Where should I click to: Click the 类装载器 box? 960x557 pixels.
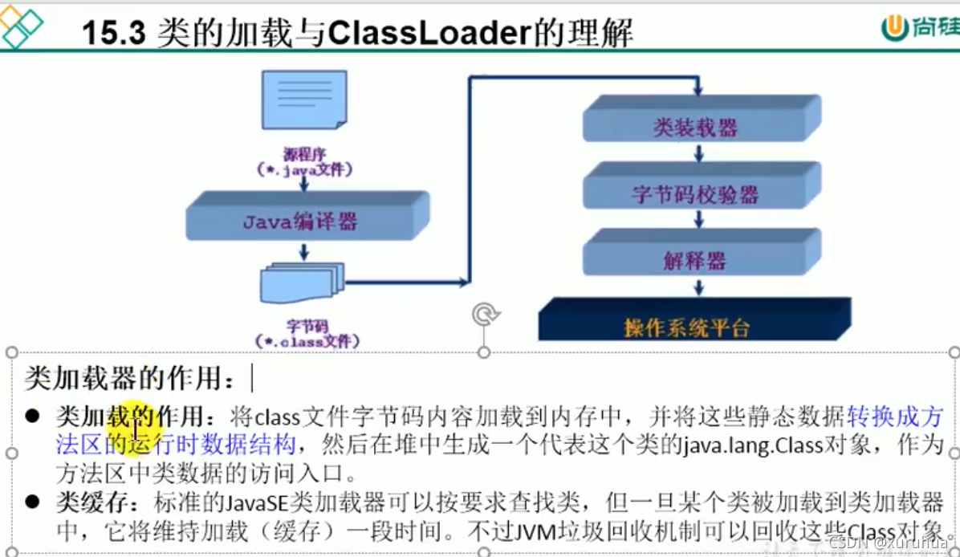695,127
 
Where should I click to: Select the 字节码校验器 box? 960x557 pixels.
695,193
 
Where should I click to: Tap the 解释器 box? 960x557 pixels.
695,259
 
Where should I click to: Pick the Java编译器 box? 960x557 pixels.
301,221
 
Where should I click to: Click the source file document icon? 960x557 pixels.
304,100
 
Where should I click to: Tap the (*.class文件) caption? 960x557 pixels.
307,342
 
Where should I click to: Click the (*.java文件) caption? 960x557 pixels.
304,169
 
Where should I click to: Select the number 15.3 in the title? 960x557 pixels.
112,33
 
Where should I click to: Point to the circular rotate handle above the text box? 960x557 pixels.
483,314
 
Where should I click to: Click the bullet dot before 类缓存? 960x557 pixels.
32,502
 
